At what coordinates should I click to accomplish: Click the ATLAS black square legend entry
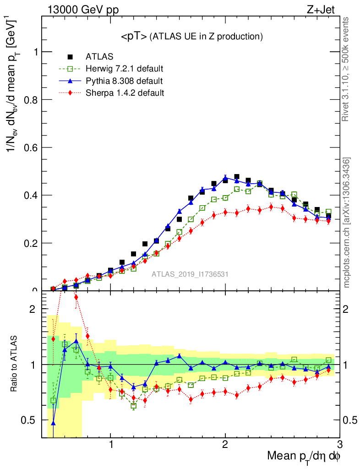[x=99, y=57]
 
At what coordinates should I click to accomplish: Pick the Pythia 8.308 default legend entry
[x=124, y=81]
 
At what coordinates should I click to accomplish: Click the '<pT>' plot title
[x=191, y=37]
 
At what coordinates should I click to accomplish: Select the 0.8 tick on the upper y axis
[x=32, y=100]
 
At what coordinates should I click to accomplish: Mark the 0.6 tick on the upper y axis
[x=32, y=147]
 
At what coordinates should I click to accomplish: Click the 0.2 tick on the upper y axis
[x=32, y=243]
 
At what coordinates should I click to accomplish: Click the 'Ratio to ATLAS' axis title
[x=15, y=364]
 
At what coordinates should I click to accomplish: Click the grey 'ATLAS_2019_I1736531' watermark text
[x=190, y=274]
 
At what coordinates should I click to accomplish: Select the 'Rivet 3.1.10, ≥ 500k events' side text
[x=346, y=69]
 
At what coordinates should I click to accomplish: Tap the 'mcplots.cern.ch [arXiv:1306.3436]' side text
[x=347, y=223]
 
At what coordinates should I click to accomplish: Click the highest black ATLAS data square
[x=237, y=177]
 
